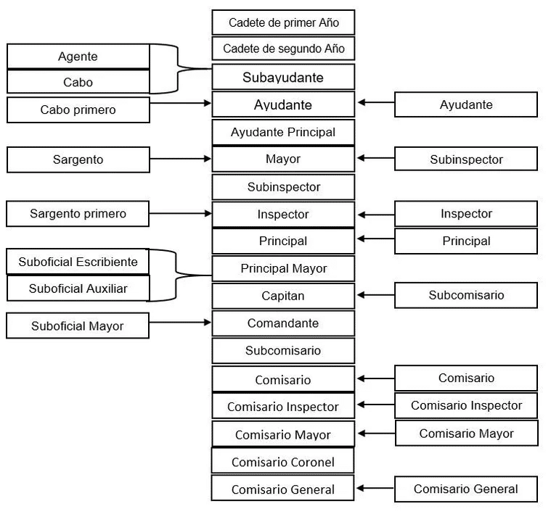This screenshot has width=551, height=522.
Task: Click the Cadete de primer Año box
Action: point(283,22)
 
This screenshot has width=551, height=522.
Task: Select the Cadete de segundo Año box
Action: point(283,49)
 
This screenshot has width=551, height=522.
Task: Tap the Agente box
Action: point(78,56)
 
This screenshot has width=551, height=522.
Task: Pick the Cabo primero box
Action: point(78,110)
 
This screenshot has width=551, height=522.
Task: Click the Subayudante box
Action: point(283,77)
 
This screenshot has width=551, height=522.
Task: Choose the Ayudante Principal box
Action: point(283,132)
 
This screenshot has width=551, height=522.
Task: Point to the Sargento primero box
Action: point(78,213)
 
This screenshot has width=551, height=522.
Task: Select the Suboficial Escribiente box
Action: point(78,262)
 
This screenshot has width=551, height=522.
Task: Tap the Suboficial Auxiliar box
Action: point(78,289)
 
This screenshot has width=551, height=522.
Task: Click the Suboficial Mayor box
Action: point(78,326)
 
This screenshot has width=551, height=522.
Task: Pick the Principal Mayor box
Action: point(283,268)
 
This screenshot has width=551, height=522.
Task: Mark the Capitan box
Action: point(283,296)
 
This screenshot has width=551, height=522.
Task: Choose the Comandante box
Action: point(283,323)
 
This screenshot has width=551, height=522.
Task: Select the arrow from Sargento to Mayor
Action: point(180,159)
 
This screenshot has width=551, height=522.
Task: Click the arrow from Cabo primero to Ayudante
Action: point(180,103)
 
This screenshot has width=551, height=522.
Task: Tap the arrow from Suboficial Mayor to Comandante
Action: point(180,322)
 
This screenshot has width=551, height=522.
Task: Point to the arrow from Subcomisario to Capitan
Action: point(376,295)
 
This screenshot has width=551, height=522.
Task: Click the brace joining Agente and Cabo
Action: point(178,69)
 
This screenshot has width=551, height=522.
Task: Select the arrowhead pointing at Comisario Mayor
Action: point(362,434)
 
